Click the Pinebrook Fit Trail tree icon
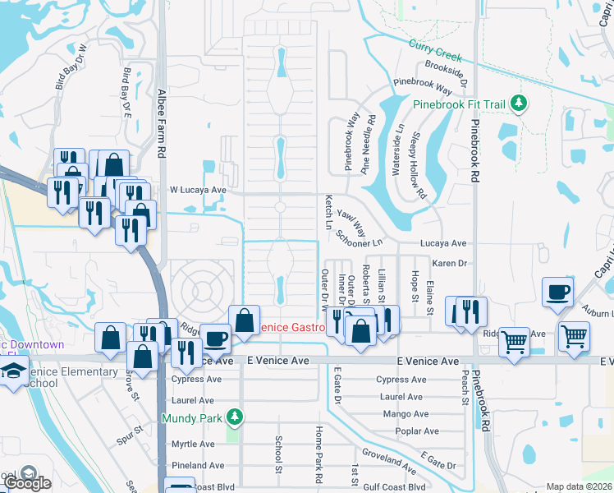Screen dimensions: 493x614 point(518,104)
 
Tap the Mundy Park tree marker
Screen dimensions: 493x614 point(236,417)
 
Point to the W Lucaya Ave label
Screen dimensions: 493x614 point(197,190)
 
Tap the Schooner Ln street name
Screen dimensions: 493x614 point(360,238)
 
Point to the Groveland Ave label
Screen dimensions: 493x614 point(386,454)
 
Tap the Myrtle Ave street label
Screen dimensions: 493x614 point(193,444)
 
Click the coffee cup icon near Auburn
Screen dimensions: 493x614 point(558,293)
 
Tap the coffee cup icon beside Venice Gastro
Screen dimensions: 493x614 point(216,339)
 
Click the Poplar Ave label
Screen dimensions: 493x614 point(417,431)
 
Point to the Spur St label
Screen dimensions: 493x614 point(129,434)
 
